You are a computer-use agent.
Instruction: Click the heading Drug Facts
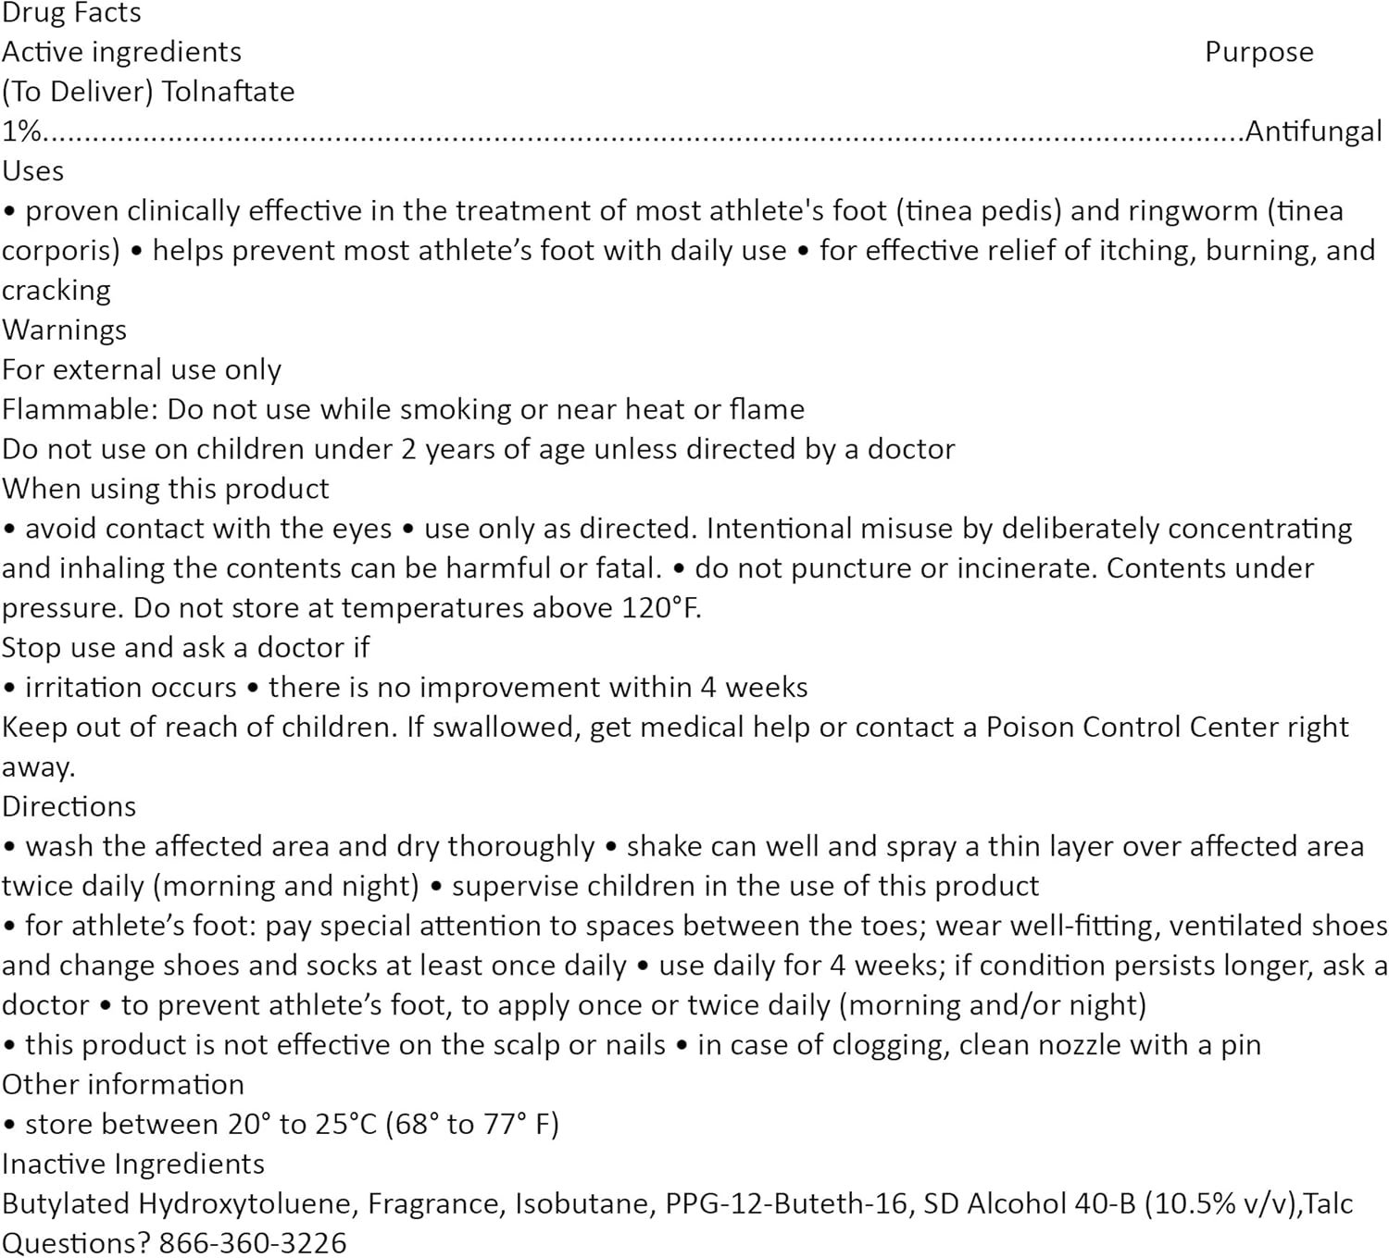(x=71, y=13)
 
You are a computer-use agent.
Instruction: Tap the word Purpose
(x=1258, y=52)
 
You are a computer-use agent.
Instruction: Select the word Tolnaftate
(x=228, y=92)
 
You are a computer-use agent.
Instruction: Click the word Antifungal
(x=1313, y=131)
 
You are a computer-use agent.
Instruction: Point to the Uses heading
(x=33, y=171)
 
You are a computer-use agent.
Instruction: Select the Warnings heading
(x=64, y=330)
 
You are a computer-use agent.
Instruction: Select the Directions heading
(x=69, y=806)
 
